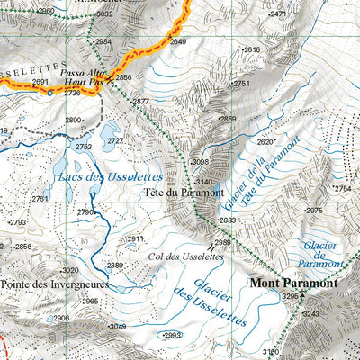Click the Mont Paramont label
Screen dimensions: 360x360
pyautogui.click(x=294, y=283)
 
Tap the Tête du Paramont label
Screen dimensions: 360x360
pyautogui.click(x=183, y=193)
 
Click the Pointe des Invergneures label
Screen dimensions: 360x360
pyautogui.click(x=55, y=283)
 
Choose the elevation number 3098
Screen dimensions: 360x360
pyautogui.click(x=200, y=162)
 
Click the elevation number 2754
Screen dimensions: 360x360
pyautogui.click(x=343, y=189)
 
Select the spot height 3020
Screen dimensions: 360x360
pyautogui.click(x=70, y=271)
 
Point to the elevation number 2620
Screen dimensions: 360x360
pyautogui.click(x=265, y=142)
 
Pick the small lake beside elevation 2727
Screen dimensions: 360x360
pyautogui.click(x=111, y=132)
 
